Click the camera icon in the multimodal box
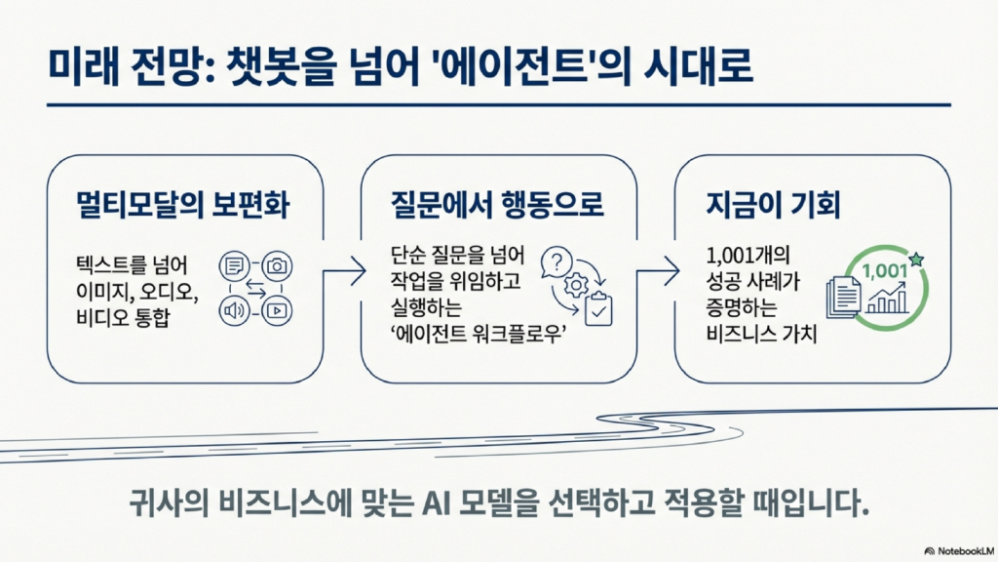(277, 264)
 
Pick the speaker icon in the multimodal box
(234, 310)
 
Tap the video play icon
(277, 310)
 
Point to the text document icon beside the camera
(234, 264)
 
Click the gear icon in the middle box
(575, 286)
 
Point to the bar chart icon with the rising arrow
(888, 297)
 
